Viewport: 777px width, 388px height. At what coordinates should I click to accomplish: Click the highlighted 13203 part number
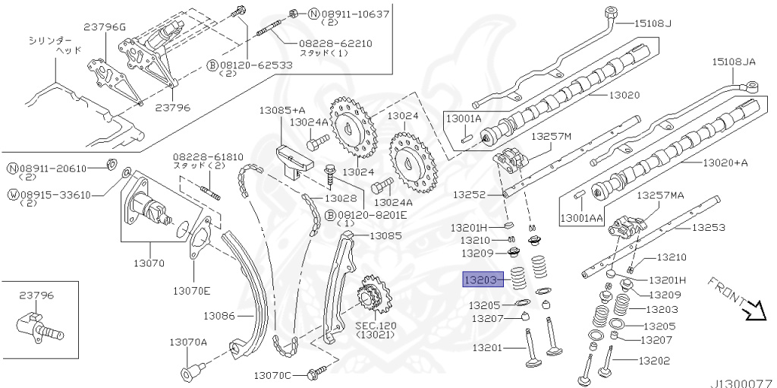480,280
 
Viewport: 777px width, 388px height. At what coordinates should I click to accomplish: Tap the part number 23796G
104,28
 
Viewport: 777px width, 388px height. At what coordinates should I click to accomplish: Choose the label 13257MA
659,195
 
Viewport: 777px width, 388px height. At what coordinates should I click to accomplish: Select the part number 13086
219,314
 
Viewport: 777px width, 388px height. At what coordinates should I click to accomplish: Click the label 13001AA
582,218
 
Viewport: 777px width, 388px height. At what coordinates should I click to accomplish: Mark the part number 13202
654,361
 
